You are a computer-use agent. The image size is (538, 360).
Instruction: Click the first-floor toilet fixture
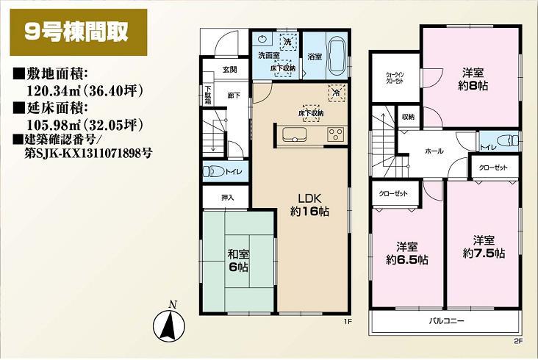214,172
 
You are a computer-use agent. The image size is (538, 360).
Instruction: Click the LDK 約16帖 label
309,205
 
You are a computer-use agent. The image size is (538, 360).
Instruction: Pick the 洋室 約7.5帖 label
483,247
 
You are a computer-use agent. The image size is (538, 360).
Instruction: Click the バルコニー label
445,322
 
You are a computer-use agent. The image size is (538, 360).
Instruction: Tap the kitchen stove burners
334,134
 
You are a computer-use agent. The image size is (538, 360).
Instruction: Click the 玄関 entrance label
229,70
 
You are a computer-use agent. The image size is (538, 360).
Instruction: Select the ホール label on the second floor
434,150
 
